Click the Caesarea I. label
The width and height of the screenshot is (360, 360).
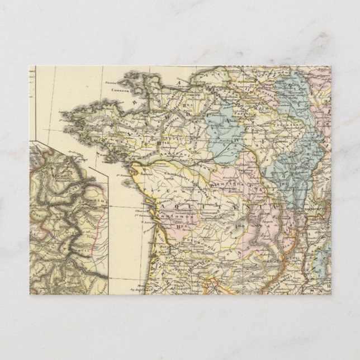pos(120,89)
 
